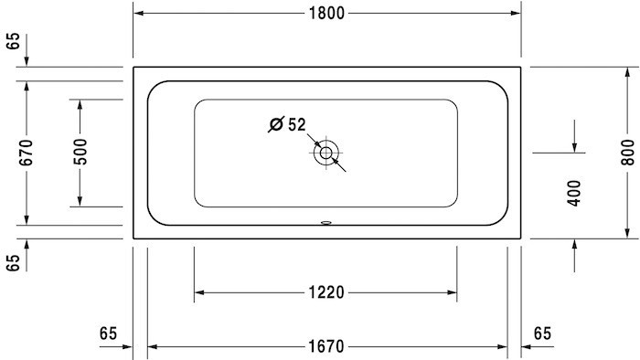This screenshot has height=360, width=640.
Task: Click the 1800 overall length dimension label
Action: (x=327, y=14)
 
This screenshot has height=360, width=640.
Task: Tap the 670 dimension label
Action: (x=26, y=152)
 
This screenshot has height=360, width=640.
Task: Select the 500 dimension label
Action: (x=80, y=152)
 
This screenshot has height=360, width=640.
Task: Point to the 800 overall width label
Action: (x=626, y=152)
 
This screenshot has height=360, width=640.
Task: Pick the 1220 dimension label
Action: (x=325, y=292)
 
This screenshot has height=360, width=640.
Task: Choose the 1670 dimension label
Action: (x=325, y=346)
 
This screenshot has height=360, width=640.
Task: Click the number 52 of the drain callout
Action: (x=296, y=124)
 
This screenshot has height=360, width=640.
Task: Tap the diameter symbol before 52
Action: (x=275, y=125)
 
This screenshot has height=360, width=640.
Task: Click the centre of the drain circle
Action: (x=325, y=154)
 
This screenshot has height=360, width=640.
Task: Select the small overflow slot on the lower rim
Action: (x=326, y=221)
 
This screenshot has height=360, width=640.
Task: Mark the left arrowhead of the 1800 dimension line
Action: (x=139, y=14)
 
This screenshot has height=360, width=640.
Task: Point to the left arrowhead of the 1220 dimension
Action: (x=199, y=292)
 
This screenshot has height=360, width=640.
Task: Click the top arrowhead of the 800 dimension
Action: (x=626, y=72)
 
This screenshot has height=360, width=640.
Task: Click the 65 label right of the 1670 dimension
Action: (x=542, y=334)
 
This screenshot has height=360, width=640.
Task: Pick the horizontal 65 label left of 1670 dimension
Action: (x=109, y=334)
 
